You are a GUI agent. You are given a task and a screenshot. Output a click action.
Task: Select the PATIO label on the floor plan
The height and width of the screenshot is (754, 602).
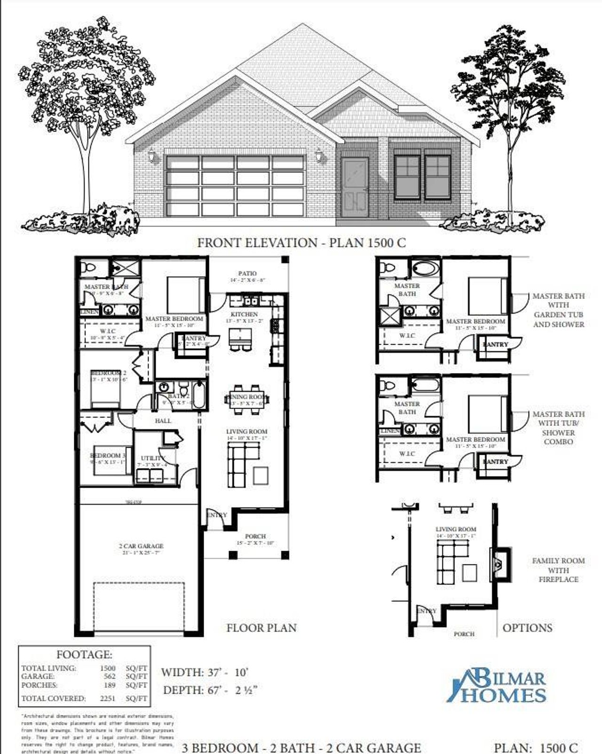[x=247, y=273]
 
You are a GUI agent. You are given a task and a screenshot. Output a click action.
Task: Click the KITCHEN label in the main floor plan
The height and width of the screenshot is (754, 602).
[x=244, y=314]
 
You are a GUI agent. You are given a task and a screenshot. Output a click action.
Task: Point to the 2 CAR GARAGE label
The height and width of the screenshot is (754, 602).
[x=141, y=546]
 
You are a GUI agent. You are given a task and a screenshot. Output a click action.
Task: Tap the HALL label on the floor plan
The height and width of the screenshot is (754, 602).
[x=163, y=421]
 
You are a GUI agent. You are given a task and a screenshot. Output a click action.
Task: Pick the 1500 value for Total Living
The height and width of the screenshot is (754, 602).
[x=108, y=668]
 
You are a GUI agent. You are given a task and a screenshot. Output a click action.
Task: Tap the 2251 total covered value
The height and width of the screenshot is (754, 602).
[x=108, y=699]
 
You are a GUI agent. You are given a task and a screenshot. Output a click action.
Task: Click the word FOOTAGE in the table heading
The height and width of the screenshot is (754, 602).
[x=84, y=654]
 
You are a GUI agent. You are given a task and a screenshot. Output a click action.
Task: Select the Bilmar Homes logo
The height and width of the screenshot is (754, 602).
[x=497, y=686]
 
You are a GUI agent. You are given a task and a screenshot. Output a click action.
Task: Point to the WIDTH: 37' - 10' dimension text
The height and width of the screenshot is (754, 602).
[x=205, y=672]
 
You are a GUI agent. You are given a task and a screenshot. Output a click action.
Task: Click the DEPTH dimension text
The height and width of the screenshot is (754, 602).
[x=210, y=690]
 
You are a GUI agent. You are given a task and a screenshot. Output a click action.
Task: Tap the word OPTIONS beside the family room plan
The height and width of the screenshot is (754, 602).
[x=527, y=628]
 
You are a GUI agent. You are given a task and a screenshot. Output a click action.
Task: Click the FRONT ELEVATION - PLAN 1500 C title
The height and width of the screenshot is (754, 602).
[x=301, y=243]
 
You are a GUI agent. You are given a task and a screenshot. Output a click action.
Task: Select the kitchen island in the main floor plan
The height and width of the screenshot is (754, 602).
[x=240, y=336]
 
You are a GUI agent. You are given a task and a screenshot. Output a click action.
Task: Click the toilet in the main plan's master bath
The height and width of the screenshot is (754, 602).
[x=88, y=268]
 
